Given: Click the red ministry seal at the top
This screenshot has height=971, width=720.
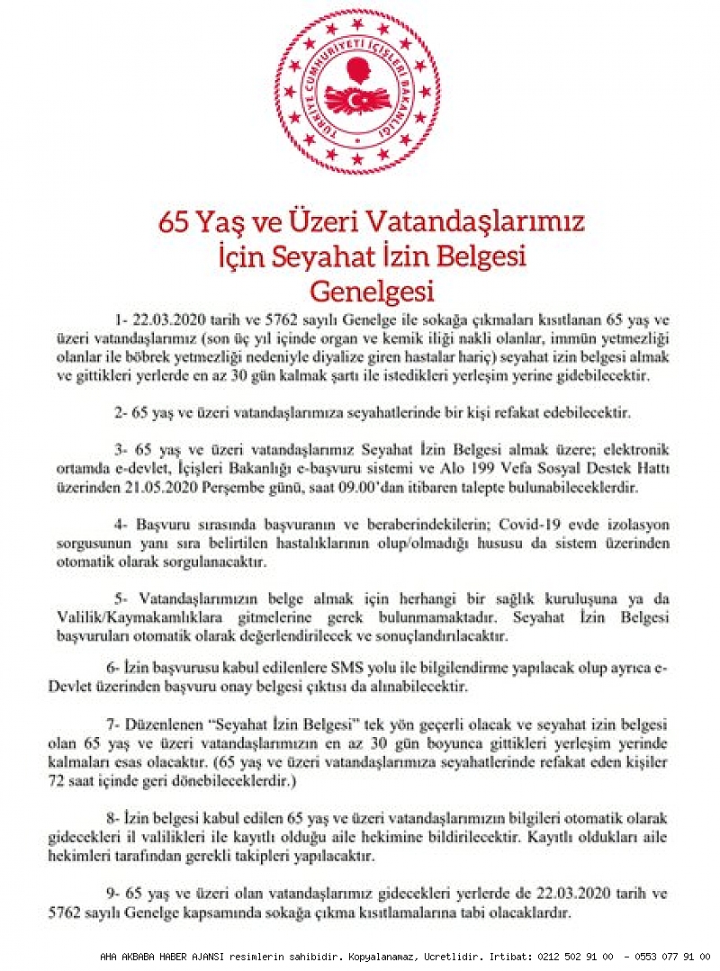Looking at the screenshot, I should click(358, 92).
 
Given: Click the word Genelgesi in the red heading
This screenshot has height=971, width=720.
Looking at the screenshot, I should click(372, 291).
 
